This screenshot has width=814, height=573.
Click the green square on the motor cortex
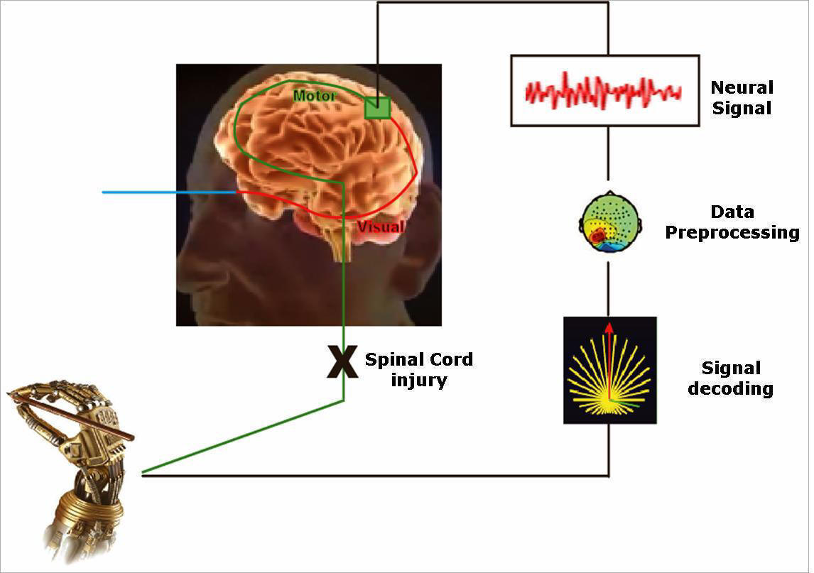tap(376, 107)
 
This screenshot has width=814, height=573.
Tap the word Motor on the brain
tap(315, 95)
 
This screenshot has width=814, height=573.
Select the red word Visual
tap(380, 227)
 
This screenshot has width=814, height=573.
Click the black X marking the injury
tap(342, 361)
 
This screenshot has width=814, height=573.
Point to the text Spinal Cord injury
tap(418, 369)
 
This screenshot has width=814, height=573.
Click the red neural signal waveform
tap(603, 90)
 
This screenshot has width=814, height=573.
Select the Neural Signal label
tap(742, 98)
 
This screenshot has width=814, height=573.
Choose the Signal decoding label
tap(731, 378)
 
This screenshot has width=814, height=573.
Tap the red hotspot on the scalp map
tap(598, 235)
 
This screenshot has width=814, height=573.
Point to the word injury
tap(418, 380)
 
